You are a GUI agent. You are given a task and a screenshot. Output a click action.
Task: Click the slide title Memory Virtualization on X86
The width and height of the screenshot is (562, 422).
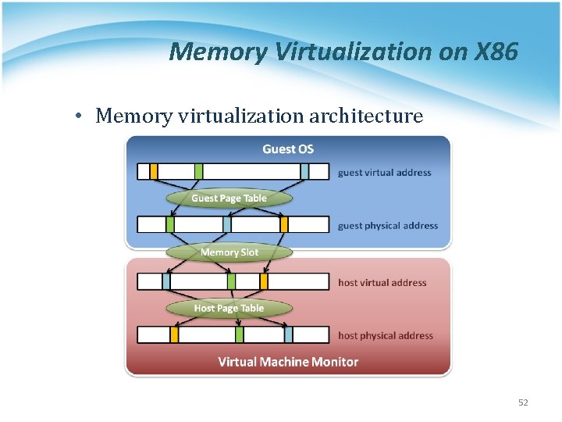[343, 52]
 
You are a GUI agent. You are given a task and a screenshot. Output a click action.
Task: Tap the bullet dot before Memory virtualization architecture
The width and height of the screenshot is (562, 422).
[80, 117]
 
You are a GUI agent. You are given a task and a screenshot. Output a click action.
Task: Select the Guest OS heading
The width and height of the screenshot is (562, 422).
[288, 149]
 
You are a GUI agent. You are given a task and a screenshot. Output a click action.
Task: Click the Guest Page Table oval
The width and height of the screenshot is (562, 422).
[229, 198]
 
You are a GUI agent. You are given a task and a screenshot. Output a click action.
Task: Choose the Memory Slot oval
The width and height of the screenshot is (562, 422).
[229, 252]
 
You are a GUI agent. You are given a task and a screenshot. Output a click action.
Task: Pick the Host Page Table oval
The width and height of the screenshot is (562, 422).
[229, 308]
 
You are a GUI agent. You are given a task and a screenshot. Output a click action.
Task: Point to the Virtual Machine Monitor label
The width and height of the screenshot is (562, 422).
[288, 362]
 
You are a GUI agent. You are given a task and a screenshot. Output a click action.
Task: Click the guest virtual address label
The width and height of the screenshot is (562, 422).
[384, 173]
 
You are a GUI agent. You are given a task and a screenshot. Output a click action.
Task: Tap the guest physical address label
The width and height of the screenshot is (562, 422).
[388, 226]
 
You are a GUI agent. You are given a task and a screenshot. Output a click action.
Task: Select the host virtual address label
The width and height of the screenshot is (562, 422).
[382, 283]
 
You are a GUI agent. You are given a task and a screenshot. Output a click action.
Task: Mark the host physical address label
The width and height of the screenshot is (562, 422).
[385, 336]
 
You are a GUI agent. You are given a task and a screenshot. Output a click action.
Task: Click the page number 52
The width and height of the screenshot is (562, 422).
[523, 402]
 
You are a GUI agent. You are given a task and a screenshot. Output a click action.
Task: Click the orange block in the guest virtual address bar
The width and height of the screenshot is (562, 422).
[154, 171]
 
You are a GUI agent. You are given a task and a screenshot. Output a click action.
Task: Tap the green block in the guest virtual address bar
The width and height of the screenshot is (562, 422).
[198, 171]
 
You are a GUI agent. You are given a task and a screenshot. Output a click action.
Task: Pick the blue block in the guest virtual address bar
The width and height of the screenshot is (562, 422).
[304, 171]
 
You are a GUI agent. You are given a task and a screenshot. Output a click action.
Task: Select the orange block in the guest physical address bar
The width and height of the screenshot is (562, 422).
[284, 225]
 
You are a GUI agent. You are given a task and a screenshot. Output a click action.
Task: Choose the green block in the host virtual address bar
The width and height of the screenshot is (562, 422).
[231, 281]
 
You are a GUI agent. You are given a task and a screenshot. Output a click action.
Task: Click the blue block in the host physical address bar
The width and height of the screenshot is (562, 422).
[288, 334]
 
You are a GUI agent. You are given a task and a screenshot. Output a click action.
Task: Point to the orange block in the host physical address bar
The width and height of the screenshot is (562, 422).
[174, 334]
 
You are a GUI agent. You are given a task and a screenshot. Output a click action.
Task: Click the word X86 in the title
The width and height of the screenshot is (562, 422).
[495, 52]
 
